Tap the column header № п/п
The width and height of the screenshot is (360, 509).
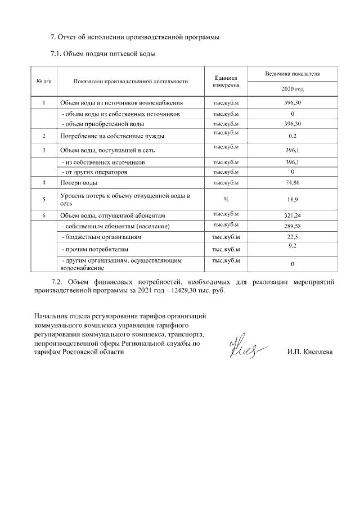(x=44, y=82)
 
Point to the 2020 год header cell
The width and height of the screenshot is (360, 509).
(x=292, y=89)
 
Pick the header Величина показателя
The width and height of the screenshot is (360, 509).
(x=292, y=74)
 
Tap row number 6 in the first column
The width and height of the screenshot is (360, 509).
(x=44, y=215)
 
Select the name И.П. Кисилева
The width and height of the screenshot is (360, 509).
(x=310, y=353)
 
